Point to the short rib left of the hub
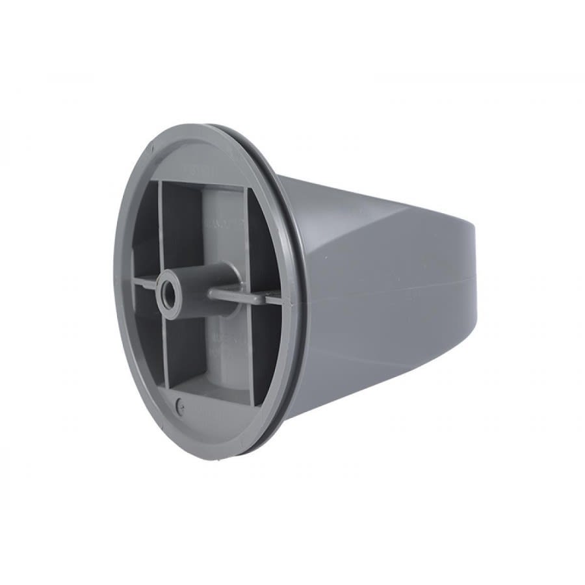(x=146, y=283)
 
